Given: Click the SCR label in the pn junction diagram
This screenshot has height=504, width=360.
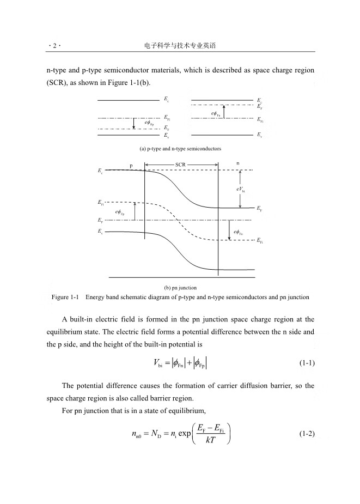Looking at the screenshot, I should (x=181, y=164).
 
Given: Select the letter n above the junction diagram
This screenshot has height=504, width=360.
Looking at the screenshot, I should (x=237, y=163).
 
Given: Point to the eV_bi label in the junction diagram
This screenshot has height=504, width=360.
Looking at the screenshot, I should (x=240, y=190).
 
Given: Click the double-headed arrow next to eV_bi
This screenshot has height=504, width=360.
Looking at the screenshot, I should (x=240, y=189).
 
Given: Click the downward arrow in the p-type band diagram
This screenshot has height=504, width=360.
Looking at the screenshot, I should (x=134, y=123).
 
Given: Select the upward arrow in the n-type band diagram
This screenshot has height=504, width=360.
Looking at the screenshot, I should (x=224, y=112).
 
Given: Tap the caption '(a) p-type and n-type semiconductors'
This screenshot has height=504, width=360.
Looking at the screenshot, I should (x=180, y=148).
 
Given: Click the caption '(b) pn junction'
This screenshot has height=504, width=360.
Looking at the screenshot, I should (x=180, y=287).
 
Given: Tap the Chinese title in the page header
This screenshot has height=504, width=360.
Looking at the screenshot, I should (x=180, y=46).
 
